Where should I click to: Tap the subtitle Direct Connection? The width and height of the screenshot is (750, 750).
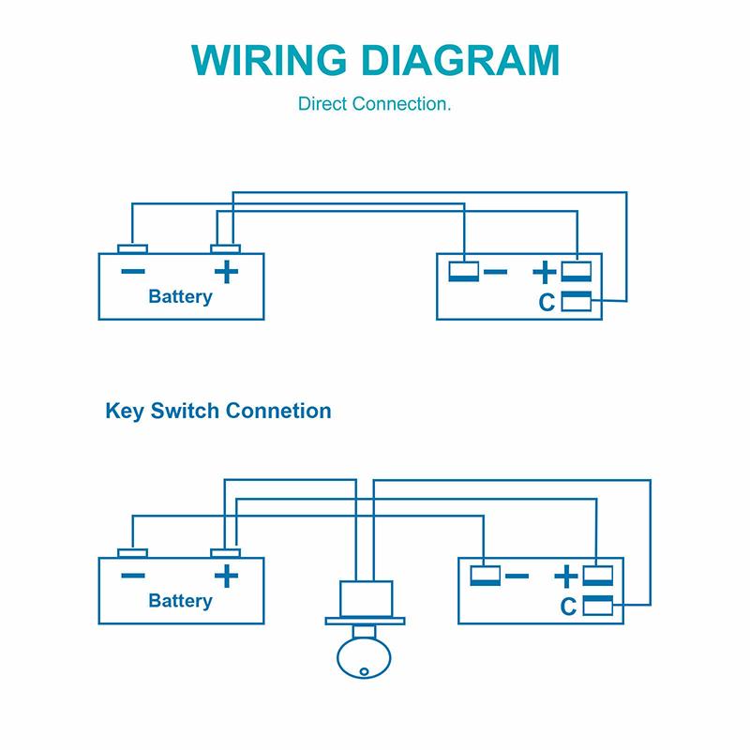[375, 103]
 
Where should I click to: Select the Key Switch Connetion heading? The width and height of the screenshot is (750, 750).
[217, 411]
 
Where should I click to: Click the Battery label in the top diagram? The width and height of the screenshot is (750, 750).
[180, 297]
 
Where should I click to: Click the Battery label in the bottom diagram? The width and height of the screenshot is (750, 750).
[180, 600]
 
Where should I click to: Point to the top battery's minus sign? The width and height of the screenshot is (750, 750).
[132, 272]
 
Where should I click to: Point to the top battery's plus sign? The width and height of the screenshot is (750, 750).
[225, 272]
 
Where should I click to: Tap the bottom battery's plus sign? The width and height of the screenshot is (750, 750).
[225, 576]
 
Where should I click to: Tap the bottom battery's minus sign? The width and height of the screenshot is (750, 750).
[132, 576]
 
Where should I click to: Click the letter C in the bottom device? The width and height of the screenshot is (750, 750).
[567, 606]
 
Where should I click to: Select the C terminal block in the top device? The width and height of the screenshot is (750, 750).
[575, 301]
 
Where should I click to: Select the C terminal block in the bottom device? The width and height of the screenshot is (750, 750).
[597, 605]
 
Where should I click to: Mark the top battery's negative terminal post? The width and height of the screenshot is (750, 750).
[132, 249]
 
